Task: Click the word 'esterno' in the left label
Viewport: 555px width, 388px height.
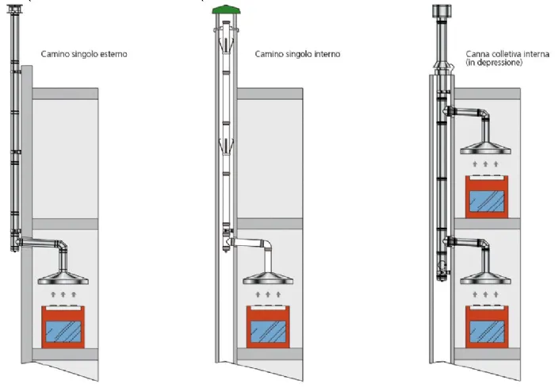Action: tap(113, 55)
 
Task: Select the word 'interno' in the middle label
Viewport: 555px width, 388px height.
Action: tap(325, 55)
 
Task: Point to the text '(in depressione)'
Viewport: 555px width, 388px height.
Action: tap(494, 63)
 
